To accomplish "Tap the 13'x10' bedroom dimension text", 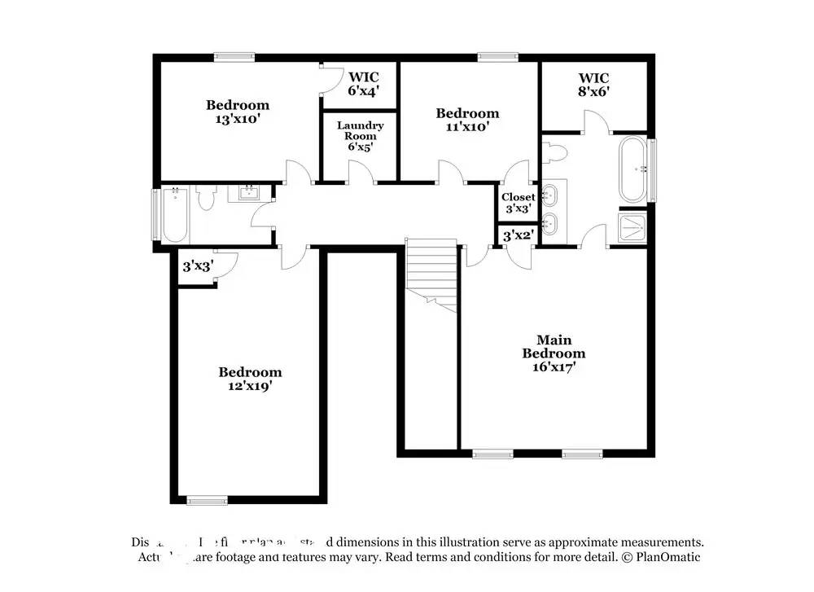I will pyautogui.click(x=237, y=118).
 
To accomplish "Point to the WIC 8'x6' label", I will pyautogui.click(x=594, y=86).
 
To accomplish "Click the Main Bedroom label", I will pyautogui.click(x=554, y=347).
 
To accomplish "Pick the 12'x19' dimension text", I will pyautogui.click(x=250, y=386).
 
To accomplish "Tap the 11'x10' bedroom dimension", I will pyautogui.click(x=467, y=126).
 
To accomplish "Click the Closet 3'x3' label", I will pyautogui.click(x=518, y=203).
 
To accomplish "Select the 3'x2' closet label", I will pyautogui.click(x=518, y=236).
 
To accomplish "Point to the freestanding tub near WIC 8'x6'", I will pyautogui.click(x=634, y=170).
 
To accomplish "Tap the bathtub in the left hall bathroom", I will pyautogui.click(x=175, y=215).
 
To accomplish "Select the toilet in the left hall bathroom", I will pyautogui.click(x=206, y=198).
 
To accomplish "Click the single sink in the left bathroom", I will pyautogui.click(x=247, y=194).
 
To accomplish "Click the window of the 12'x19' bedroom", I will pyautogui.click(x=207, y=500).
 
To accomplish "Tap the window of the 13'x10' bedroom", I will pyautogui.click(x=234, y=57).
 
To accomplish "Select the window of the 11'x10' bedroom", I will pyautogui.click(x=497, y=57).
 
